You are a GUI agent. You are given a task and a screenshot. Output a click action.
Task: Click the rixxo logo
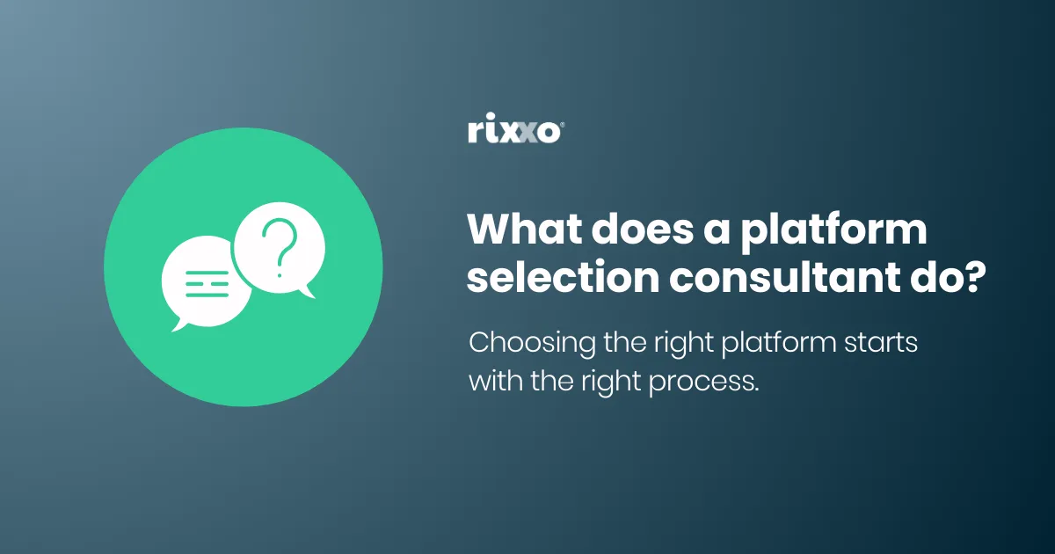(513, 132)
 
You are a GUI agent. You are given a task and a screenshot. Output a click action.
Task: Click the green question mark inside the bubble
(280, 249)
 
